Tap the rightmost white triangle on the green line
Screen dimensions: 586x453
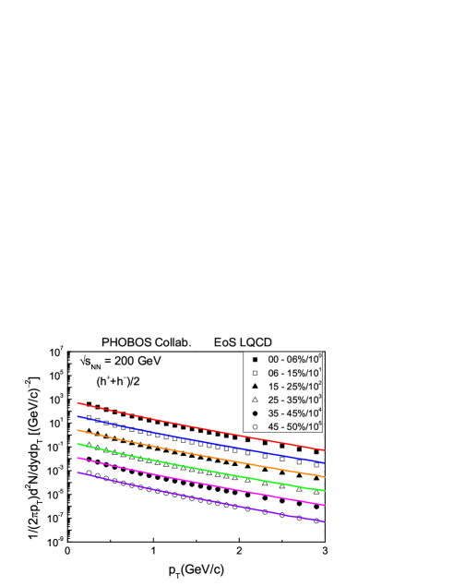point(316,492)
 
